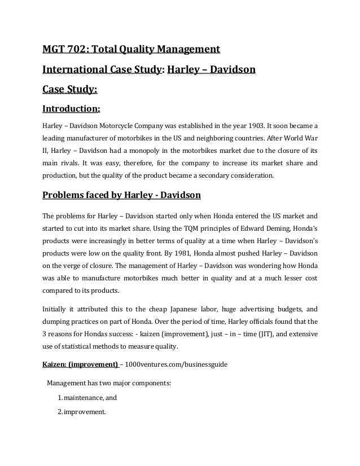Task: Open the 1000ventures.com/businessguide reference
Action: click(x=178, y=364)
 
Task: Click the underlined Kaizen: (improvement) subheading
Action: click(x=80, y=364)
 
